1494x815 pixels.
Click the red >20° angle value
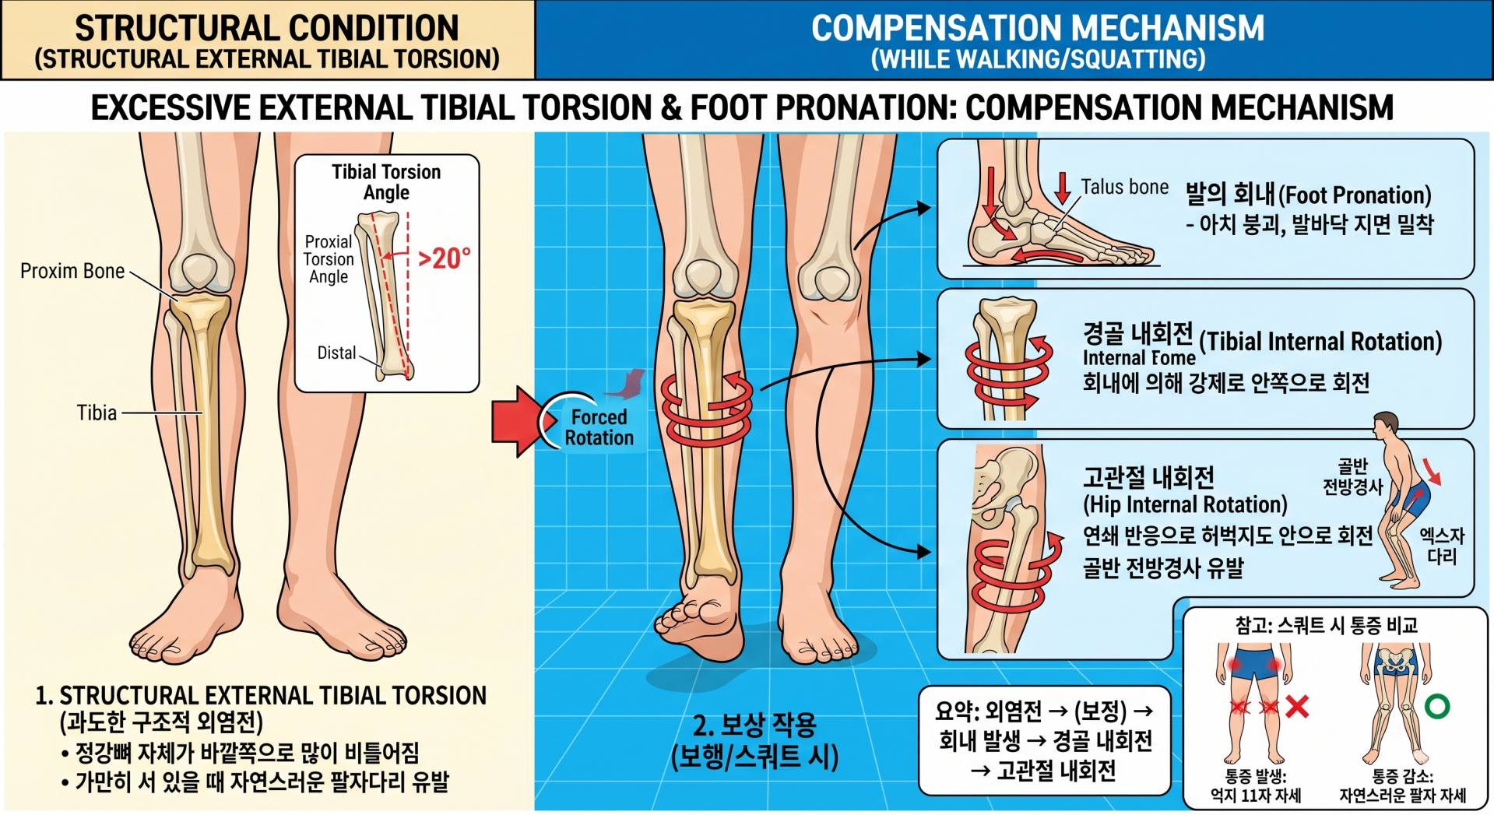click(445, 258)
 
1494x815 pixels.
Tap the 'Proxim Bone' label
click(72, 271)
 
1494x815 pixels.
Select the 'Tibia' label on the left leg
click(97, 413)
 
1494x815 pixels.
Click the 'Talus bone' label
click(1124, 187)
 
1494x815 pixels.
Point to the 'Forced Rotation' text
click(599, 427)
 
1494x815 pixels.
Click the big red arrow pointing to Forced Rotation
click(518, 421)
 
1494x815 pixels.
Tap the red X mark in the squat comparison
click(1297, 706)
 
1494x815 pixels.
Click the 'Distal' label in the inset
click(336, 353)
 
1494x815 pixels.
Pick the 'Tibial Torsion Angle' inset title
click(386, 182)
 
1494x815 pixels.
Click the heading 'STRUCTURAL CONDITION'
click(267, 28)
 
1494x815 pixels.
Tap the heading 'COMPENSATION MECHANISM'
click(1038, 28)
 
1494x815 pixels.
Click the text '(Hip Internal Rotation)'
click(1185, 504)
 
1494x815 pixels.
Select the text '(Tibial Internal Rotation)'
click(1320, 342)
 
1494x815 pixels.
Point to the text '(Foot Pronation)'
click(1355, 195)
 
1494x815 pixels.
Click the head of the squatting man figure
click(1385, 424)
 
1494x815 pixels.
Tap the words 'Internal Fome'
click(1139, 358)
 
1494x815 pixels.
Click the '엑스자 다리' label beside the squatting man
click(1442, 546)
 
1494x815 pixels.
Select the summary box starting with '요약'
click(1045, 740)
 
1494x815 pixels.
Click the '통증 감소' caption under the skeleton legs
click(1402, 776)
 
